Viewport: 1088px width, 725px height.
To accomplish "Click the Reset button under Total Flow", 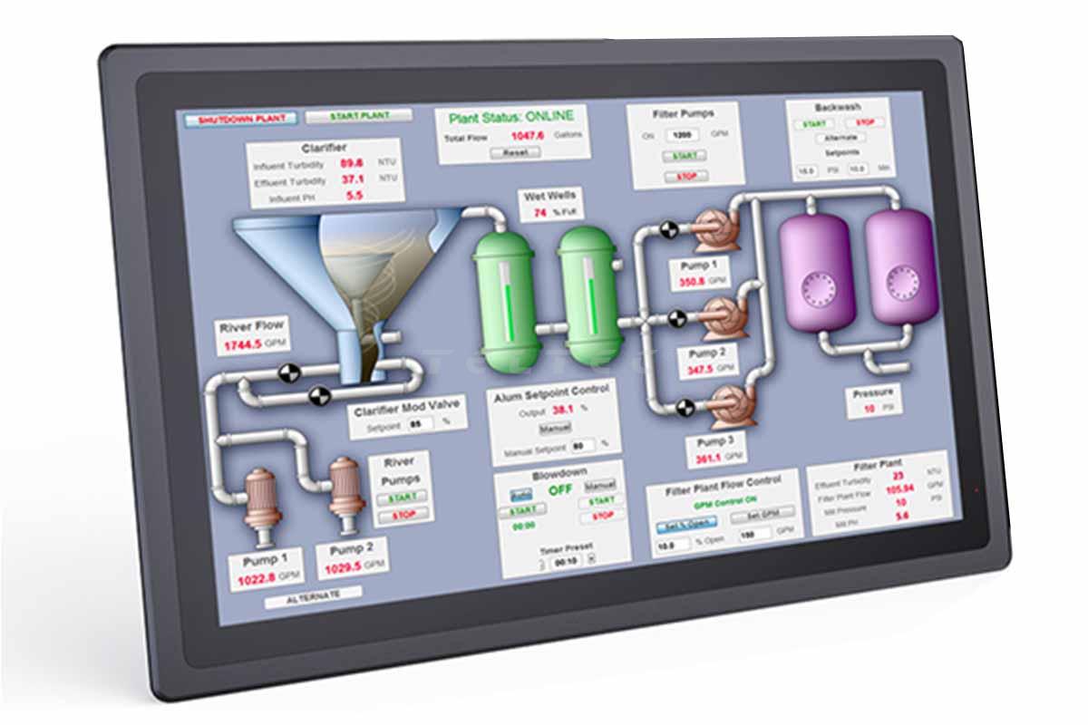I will (x=514, y=152).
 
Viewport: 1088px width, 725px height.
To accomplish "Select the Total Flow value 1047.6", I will (x=527, y=136).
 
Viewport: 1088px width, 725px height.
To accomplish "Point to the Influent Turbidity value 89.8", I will (x=352, y=164).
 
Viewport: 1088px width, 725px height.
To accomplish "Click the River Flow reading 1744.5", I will (x=243, y=345).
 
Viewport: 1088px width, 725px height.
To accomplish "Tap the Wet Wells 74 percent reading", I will (x=540, y=213).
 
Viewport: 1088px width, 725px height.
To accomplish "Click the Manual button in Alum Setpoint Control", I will (x=555, y=428).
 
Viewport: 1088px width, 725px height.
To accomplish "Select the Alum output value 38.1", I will (x=564, y=410).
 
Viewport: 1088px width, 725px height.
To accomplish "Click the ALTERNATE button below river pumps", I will (x=313, y=595).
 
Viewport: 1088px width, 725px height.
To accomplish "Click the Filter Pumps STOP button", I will (x=685, y=177).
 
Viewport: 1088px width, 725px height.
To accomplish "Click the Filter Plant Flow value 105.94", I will (x=899, y=488).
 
